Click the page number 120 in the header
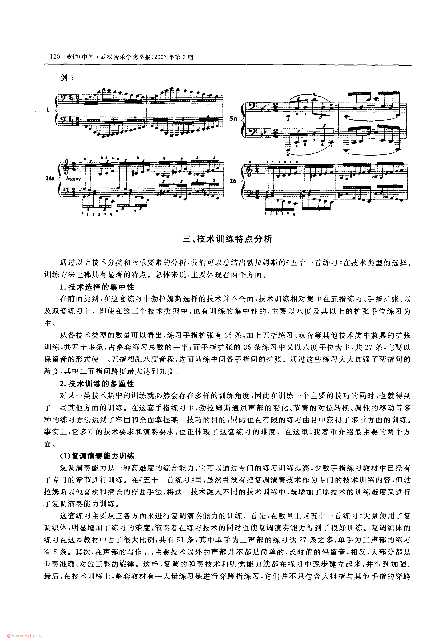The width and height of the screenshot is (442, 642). (x=55, y=57)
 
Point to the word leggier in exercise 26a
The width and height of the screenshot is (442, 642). (x=74, y=179)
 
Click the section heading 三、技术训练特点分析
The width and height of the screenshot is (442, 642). (x=227, y=239)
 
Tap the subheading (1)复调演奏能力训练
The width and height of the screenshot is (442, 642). (x=97, y=456)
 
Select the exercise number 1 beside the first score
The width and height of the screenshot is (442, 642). (x=48, y=110)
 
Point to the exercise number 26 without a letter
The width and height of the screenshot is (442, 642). (x=233, y=181)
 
